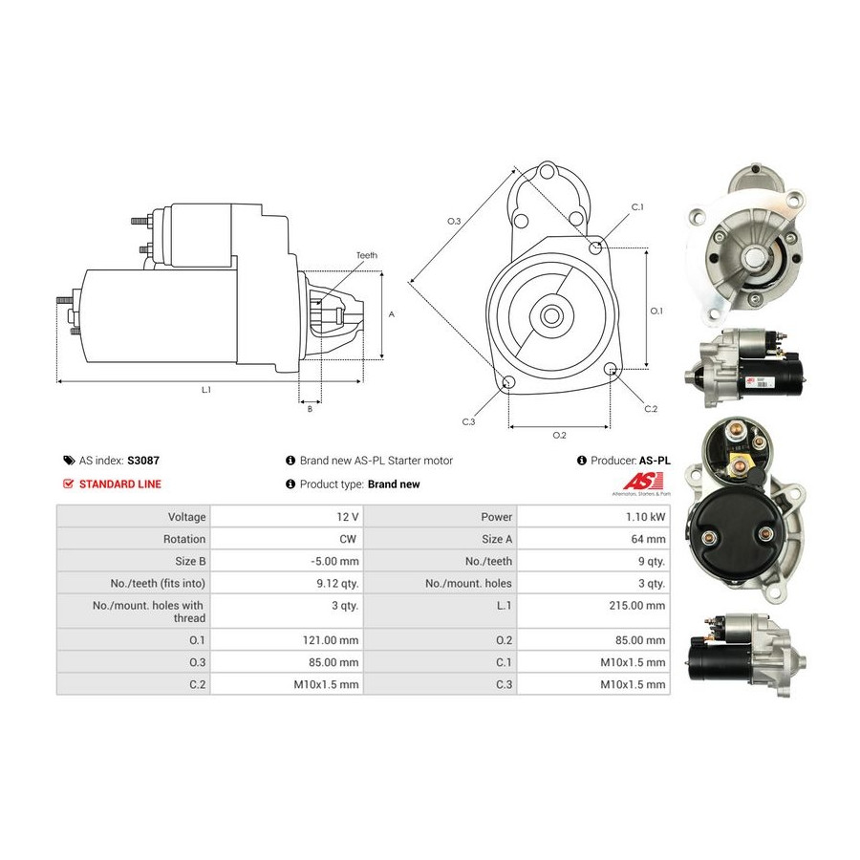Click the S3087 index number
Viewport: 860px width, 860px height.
click(x=143, y=461)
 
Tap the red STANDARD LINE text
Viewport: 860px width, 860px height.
click(x=120, y=484)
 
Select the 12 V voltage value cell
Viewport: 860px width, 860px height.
click(x=287, y=517)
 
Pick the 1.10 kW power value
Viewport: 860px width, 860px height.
click(x=646, y=517)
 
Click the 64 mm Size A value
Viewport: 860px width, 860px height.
click(x=648, y=539)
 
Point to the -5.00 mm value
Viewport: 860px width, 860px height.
click(x=334, y=561)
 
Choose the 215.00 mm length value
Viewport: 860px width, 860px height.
click(x=636, y=606)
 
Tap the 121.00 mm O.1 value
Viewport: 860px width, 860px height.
click(x=331, y=640)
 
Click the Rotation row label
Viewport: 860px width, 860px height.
click(x=184, y=539)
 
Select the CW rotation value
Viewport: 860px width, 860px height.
click(x=348, y=539)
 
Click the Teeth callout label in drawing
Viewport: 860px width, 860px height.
click(x=367, y=255)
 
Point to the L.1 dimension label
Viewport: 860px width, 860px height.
click(x=206, y=390)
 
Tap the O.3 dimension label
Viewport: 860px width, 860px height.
click(x=454, y=221)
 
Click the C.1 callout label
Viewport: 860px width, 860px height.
click(x=637, y=206)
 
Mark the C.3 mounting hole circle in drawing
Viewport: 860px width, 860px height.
click(x=508, y=382)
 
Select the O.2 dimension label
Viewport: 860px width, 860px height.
click(x=559, y=435)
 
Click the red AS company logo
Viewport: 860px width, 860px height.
click(x=643, y=481)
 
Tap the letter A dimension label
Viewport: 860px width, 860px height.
click(x=392, y=314)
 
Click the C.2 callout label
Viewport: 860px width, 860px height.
click(x=651, y=409)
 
